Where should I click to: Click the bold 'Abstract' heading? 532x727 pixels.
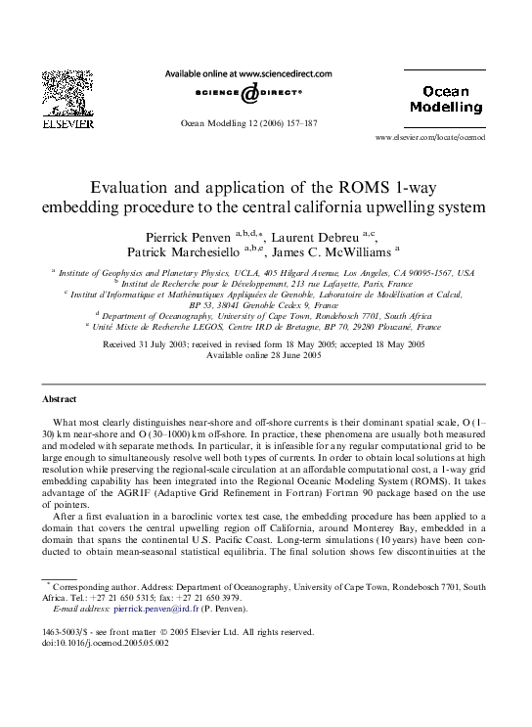(61, 399)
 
